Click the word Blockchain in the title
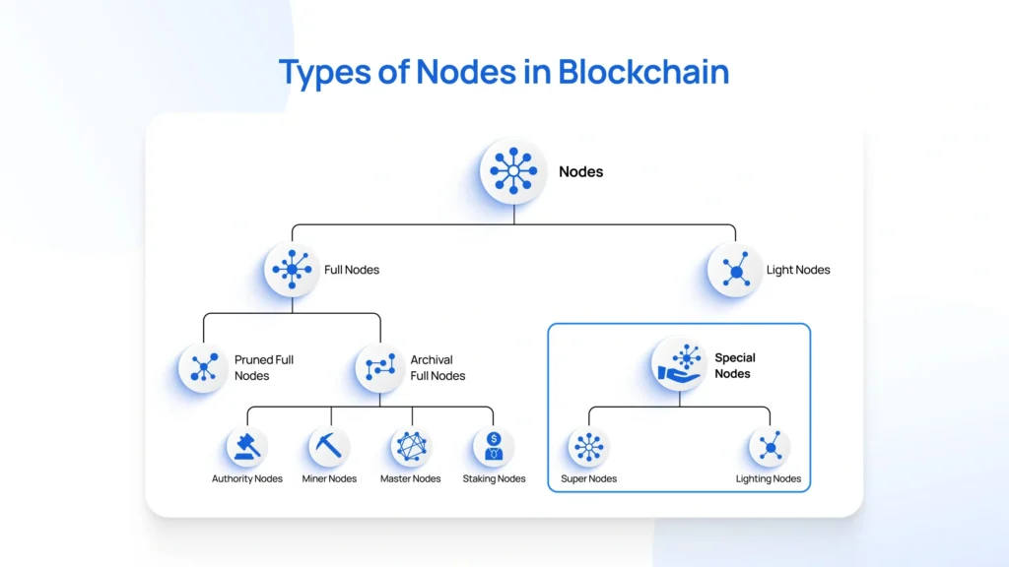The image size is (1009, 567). [643, 72]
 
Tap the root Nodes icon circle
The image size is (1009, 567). [513, 171]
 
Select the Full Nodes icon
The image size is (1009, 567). [292, 270]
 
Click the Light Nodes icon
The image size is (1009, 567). [735, 270]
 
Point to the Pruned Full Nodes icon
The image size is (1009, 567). [204, 367]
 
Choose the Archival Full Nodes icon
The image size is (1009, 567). [380, 367]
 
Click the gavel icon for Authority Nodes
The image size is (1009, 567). [246, 447]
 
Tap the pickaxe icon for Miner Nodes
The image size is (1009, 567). [329, 447]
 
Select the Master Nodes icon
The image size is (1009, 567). [411, 447]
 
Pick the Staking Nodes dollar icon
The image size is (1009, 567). [494, 447]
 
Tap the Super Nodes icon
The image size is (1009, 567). [588, 447]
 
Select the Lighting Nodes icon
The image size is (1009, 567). [769, 447]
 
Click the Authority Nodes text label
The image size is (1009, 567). [247, 479]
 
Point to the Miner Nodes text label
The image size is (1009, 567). [329, 479]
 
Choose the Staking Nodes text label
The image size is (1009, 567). [494, 479]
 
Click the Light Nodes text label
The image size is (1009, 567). [798, 270]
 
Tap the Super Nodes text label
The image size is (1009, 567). [588, 479]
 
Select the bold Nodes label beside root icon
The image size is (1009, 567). [581, 171]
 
